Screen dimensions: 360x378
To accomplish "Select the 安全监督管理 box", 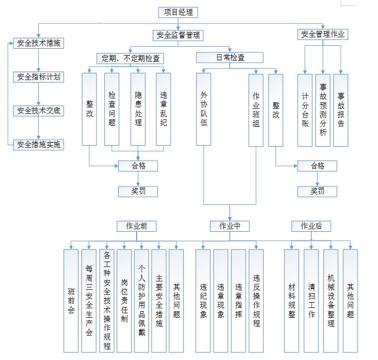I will pyautogui.click(x=178, y=35).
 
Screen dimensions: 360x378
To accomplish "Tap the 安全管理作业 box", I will pyautogui.click(x=323, y=34).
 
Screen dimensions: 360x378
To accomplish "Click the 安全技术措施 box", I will pyautogui.click(x=39, y=43).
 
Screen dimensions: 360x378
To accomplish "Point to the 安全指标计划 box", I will pyautogui.click(x=39, y=77).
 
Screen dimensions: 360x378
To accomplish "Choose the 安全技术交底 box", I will pyautogui.click(x=39, y=111).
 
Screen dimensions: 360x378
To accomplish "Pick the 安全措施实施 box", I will pyautogui.click(x=39, y=145).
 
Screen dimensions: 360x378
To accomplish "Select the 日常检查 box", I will pyautogui.click(x=230, y=58).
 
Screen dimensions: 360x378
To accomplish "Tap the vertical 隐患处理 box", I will pyautogui.click(x=138, y=109).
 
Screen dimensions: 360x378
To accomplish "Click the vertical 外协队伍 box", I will pyautogui.click(x=204, y=109).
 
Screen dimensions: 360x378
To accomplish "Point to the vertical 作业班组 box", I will pyautogui.click(x=256, y=109).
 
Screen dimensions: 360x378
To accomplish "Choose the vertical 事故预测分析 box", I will pyautogui.click(x=323, y=110).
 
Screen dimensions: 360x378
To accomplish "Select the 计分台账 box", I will pyautogui.click(x=305, y=110).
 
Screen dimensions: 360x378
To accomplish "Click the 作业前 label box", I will pyautogui.click(x=137, y=226).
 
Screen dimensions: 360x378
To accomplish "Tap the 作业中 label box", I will pyautogui.click(x=229, y=226).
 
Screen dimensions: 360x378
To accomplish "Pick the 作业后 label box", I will pyautogui.click(x=311, y=226).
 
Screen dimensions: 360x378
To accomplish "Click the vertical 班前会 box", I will pyautogui.click(x=71, y=301).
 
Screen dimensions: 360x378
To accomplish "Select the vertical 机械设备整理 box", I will pyautogui.click(x=331, y=301).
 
